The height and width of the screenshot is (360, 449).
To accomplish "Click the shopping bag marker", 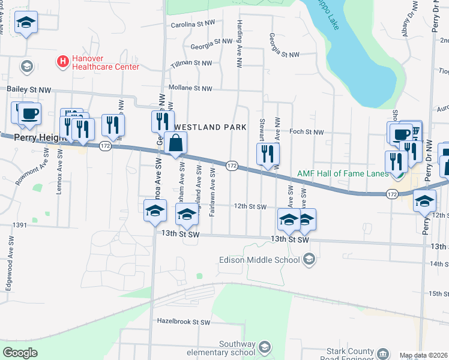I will [176, 144].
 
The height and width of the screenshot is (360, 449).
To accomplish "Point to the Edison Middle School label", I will [261, 260].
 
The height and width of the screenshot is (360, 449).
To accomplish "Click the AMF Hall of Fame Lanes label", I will [342, 173].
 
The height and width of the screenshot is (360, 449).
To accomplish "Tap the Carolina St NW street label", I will [193, 24].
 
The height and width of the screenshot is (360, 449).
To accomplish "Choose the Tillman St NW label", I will [191, 62].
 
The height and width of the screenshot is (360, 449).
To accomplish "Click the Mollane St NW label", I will [191, 88].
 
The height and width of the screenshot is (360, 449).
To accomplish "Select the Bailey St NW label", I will [29, 89].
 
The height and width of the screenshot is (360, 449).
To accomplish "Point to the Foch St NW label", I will [306, 132].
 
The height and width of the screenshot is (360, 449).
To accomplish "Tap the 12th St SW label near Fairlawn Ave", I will [250, 206].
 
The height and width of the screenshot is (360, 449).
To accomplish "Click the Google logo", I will [20, 353].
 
